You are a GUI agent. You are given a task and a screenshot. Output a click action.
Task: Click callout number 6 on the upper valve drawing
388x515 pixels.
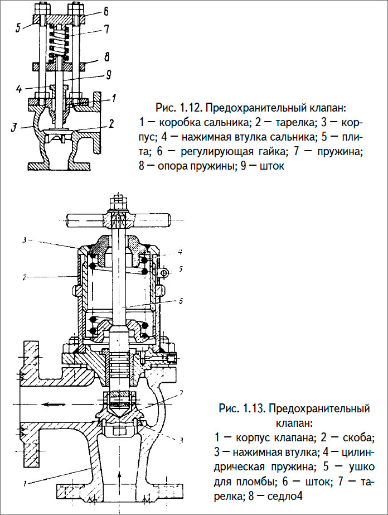click(106, 11)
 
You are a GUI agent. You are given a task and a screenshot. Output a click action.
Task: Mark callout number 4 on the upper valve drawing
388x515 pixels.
click(18, 88)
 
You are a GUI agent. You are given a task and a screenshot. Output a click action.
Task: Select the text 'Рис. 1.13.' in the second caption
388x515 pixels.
click(243, 409)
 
